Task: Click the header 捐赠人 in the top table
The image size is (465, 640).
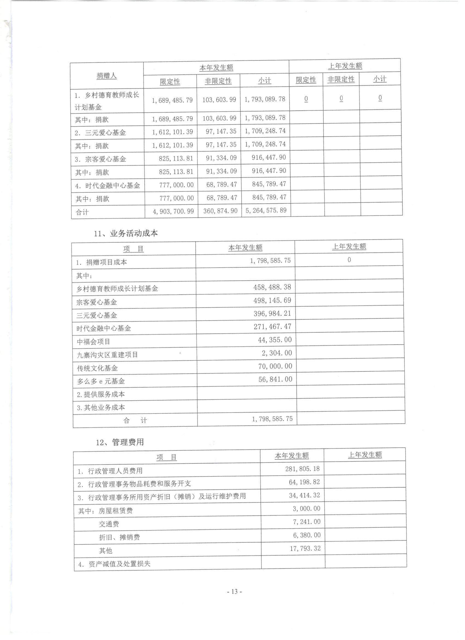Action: click(x=107, y=76)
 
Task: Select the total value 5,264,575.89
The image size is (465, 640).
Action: click(x=266, y=210)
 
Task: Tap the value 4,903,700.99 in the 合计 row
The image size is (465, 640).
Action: click(x=173, y=211)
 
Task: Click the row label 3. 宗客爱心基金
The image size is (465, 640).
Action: click(x=100, y=159)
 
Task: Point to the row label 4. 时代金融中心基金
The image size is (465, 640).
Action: click(x=107, y=186)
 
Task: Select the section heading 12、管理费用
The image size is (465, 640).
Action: click(x=120, y=442)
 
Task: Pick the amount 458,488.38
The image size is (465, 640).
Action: click(x=272, y=287)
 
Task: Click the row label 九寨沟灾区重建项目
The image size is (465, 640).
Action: click(x=107, y=355)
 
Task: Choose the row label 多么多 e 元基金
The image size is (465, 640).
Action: click(x=101, y=381)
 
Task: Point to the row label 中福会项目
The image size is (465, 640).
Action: click(x=93, y=342)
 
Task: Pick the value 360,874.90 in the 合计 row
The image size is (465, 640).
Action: click(x=220, y=211)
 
